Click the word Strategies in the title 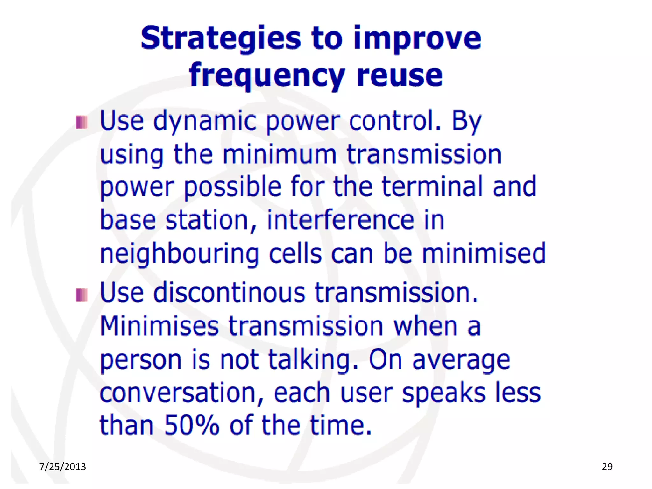[221, 39]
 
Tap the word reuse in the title [400, 76]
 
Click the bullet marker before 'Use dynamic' [81, 123]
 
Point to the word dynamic [205, 122]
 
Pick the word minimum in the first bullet [279, 154]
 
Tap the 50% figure [192, 425]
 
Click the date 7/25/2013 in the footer [62, 467]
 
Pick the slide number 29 [607, 467]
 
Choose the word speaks [444, 394]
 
